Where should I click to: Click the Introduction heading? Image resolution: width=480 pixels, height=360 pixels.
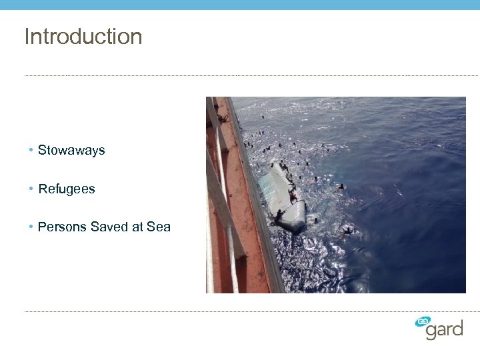tap(83, 37)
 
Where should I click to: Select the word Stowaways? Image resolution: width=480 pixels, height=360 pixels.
tap(71, 151)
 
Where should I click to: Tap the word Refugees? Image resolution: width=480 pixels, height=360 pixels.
tap(67, 189)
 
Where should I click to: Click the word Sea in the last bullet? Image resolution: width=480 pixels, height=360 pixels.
tap(159, 227)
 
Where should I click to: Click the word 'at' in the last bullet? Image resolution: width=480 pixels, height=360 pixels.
tap(138, 227)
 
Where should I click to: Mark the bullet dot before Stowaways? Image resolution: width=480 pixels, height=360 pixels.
tap(31, 151)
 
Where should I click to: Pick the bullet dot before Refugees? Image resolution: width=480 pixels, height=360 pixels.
tap(31, 189)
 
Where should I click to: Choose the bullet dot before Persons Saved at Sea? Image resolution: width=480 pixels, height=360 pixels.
tap(31, 227)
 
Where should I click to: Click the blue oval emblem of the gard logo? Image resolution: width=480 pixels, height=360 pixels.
tap(423, 321)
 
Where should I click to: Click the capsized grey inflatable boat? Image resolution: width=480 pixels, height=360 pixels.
tap(283, 198)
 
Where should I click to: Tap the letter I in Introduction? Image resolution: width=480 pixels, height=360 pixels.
tap(27, 37)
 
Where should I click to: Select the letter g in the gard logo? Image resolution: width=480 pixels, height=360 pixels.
tap(431, 332)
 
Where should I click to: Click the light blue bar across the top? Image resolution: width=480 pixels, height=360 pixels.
tap(240, 5)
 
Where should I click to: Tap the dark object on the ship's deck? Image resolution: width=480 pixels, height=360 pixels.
tap(222, 119)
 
